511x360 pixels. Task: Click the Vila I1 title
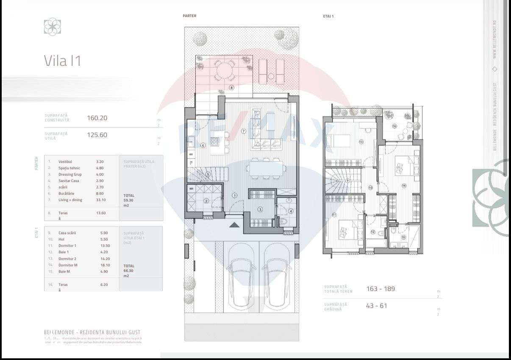[62, 61]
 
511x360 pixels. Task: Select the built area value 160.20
[97, 118]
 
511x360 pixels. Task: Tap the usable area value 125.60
[97, 135]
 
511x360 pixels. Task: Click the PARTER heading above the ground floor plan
[189, 16]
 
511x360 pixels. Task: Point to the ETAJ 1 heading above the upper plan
[328, 16]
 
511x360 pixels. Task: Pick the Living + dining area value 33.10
[101, 200]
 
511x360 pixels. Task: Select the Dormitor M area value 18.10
[100, 265]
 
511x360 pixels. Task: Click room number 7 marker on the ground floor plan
[244, 131]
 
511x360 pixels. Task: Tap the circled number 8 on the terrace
[231, 88]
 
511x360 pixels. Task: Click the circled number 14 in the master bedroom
[404, 185]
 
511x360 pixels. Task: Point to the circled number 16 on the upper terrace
[394, 126]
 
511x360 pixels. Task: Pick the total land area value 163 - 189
[380, 289]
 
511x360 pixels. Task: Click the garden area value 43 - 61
[377, 306]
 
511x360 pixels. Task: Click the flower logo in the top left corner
[53, 27]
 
